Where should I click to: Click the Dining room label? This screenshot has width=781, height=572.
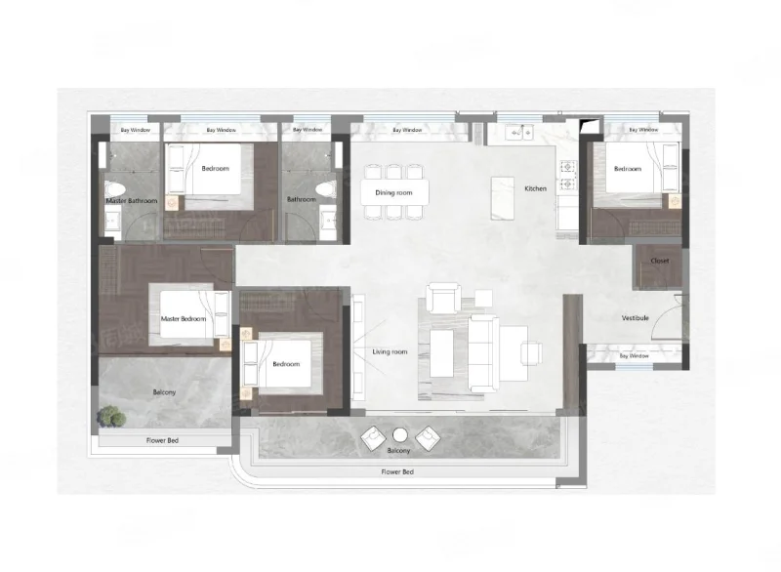(x=393, y=192)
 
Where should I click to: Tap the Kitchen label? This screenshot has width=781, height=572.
(x=535, y=188)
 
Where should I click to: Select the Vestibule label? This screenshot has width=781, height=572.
(x=636, y=317)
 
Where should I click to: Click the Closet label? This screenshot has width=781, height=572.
(x=660, y=261)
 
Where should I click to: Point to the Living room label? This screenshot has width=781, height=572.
(x=390, y=352)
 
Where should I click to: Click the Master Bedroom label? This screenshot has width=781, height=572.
(x=184, y=318)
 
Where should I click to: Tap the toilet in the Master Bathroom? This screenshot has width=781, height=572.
(x=115, y=189)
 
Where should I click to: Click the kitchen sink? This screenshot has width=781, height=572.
(x=519, y=133)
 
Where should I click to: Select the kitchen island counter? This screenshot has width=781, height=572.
(x=502, y=198)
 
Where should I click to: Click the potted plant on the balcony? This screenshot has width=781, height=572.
(x=111, y=416)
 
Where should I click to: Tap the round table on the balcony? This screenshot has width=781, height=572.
(x=400, y=435)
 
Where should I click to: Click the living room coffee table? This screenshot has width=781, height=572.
(x=441, y=353)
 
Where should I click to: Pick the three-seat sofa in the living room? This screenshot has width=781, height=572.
(x=483, y=353)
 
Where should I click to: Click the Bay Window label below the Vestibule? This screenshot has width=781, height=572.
(x=634, y=356)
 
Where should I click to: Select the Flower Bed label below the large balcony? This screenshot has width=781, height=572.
(x=397, y=471)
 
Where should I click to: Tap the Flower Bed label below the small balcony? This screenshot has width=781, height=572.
(x=162, y=440)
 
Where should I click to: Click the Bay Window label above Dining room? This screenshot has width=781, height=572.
(x=407, y=130)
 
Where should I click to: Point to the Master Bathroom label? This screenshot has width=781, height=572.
(x=132, y=201)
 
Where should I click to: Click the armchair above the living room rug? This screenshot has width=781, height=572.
(x=443, y=298)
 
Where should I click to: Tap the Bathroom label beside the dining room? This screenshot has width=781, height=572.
(x=302, y=199)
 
